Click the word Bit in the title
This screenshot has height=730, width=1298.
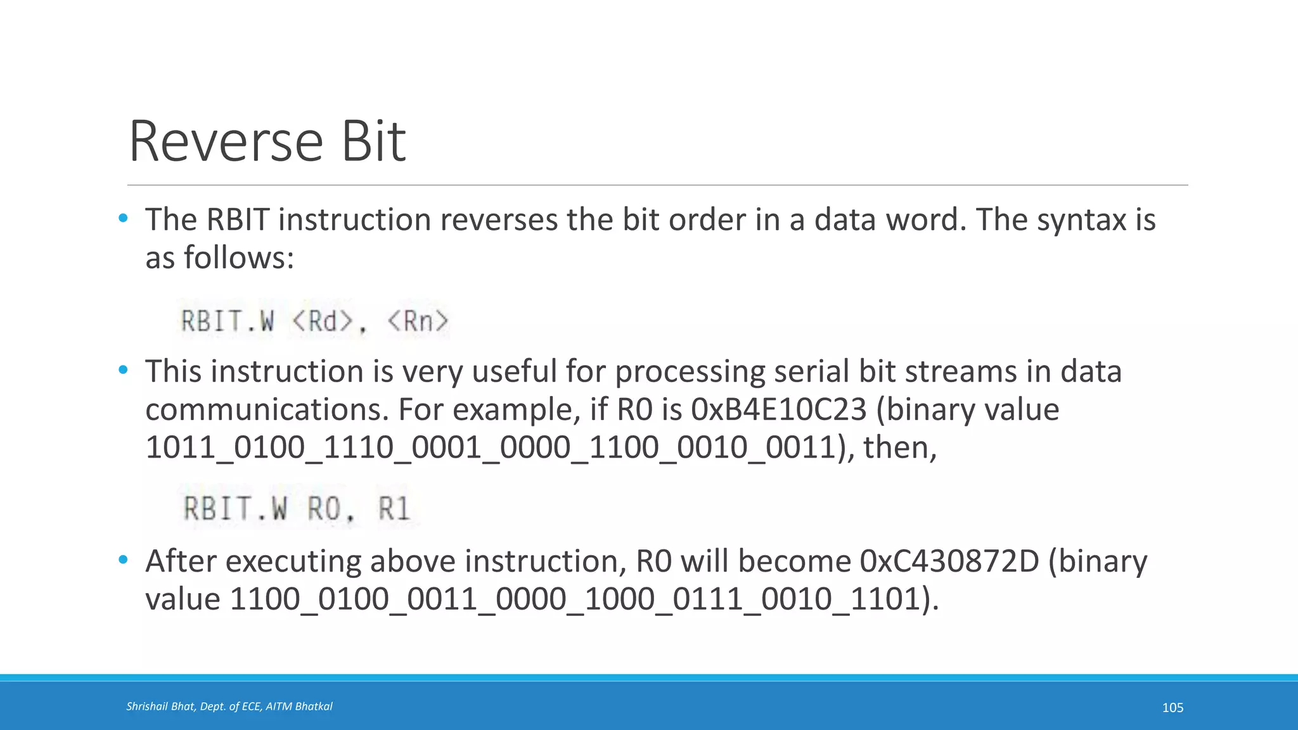pos(374,141)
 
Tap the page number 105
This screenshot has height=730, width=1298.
pos(1173,707)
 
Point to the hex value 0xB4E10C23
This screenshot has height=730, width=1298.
pos(779,410)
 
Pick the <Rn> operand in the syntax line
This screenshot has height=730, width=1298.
pos(418,321)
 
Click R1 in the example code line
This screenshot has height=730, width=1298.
pos(394,508)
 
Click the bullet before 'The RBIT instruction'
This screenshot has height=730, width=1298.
pos(123,219)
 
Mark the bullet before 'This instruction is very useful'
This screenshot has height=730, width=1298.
pos(123,370)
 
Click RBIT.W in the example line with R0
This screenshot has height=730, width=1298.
pos(235,508)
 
